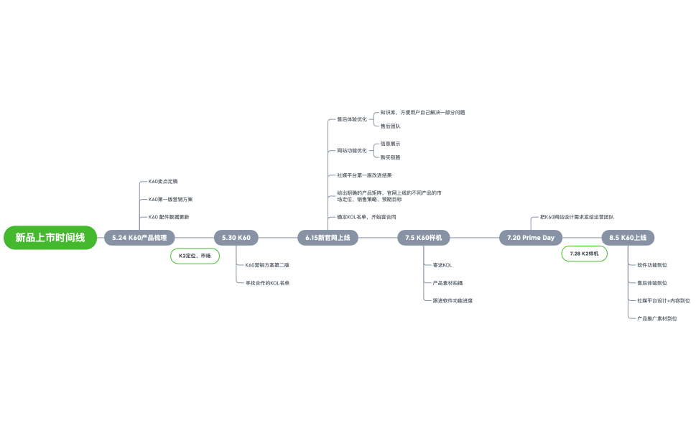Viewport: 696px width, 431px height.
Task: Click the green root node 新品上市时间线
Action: [50, 238]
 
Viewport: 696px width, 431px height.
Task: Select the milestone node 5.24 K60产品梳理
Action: [139, 238]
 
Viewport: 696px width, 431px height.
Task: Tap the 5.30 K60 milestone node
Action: [236, 238]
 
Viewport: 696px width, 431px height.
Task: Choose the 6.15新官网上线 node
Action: [328, 238]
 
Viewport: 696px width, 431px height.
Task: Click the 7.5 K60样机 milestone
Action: [424, 238]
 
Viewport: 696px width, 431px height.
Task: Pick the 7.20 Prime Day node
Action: [531, 238]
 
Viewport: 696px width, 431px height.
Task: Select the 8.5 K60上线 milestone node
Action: [628, 238]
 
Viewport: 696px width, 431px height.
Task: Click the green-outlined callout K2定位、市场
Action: [195, 256]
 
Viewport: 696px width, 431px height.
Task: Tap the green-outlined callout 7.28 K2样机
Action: [584, 254]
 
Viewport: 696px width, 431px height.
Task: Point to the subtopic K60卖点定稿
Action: [163, 182]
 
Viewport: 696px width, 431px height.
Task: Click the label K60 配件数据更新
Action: [169, 216]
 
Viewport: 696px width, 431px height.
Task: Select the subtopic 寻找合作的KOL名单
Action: [268, 283]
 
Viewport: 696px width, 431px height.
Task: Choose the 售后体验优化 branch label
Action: [352, 119]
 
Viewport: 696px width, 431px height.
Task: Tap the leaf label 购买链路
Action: [391, 157]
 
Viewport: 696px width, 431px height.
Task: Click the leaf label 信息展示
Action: [391, 144]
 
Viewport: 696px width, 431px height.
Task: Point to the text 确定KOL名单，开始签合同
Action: [366, 217]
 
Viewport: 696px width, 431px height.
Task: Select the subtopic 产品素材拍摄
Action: [448, 283]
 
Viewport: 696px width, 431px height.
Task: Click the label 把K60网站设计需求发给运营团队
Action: [577, 217]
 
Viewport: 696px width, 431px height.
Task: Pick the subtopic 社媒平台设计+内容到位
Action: [664, 301]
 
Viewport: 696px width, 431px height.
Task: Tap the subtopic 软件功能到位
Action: [652, 265]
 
